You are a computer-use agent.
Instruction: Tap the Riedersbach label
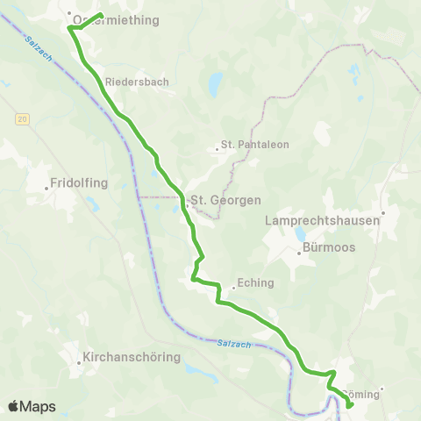136,82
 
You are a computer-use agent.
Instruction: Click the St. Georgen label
225,200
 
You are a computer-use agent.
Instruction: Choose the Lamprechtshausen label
322,221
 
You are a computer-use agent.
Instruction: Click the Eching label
255,283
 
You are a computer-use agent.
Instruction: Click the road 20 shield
22,118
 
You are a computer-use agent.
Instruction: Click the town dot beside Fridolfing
47,187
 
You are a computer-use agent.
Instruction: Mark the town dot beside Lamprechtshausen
382,212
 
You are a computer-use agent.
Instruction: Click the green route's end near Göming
350,406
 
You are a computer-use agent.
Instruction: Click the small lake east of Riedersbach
214,86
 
